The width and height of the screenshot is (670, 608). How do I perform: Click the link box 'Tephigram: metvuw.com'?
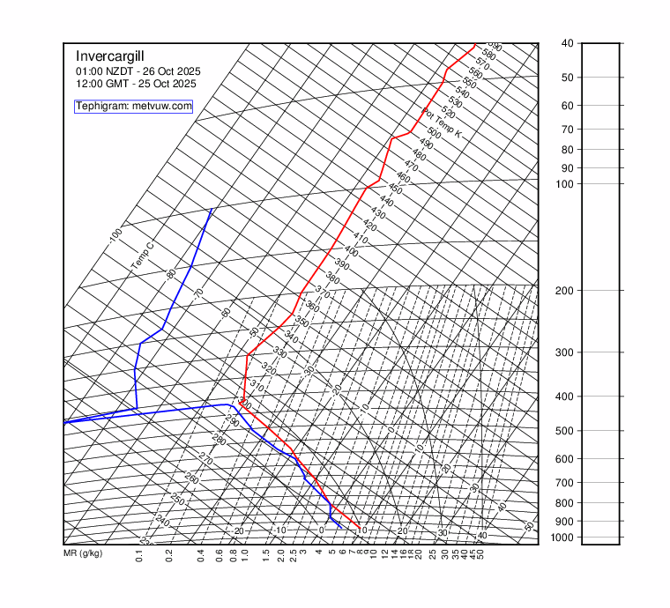pyautogui.click(x=133, y=106)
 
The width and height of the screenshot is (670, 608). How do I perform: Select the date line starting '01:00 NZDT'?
pyautogui.click(x=138, y=70)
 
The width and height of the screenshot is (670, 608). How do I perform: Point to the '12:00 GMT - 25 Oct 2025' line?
pyautogui.click(x=136, y=84)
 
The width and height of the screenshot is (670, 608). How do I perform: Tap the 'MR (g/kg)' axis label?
pyautogui.click(x=83, y=555)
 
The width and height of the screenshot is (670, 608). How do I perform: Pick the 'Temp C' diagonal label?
pyautogui.click(x=142, y=255)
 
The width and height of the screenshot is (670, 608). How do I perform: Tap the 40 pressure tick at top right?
pyautogui.click(x=568, y=43)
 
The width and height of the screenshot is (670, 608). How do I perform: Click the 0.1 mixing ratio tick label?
pyautogui.click(x=140, y=555)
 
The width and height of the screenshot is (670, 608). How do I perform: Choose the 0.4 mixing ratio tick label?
pyautogui.click(x=201, y=555)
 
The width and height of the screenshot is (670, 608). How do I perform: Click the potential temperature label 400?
pyautogui.click(x=351, y=251)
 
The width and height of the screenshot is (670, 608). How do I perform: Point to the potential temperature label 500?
pyautogui.click(x=433, y=132)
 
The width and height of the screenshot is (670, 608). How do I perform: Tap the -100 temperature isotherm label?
pyautogui.click(x=115, y=236)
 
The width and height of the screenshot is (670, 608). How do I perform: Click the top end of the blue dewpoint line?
pyautogui.click(x=212, y=209)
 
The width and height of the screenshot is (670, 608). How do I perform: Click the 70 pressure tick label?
pyautogui.click(x=568, y=129)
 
